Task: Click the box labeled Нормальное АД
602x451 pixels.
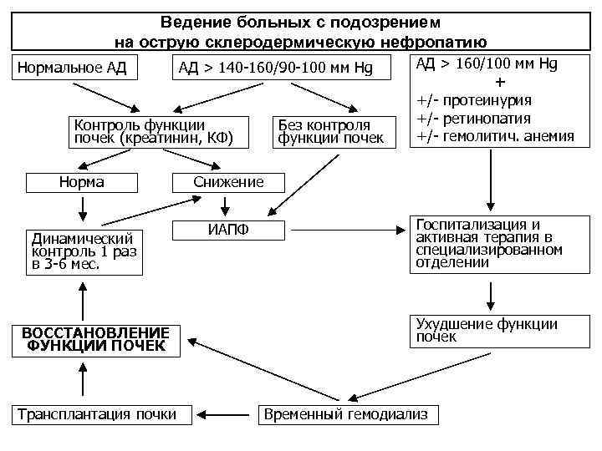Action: tap(72, 68)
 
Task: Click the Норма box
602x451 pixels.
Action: tap(81, 182)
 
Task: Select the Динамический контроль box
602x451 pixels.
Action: tap(84, 251)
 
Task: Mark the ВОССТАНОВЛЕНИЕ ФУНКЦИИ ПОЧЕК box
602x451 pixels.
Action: tap(97, 339)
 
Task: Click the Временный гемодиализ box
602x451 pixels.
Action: tap(345, 414)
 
